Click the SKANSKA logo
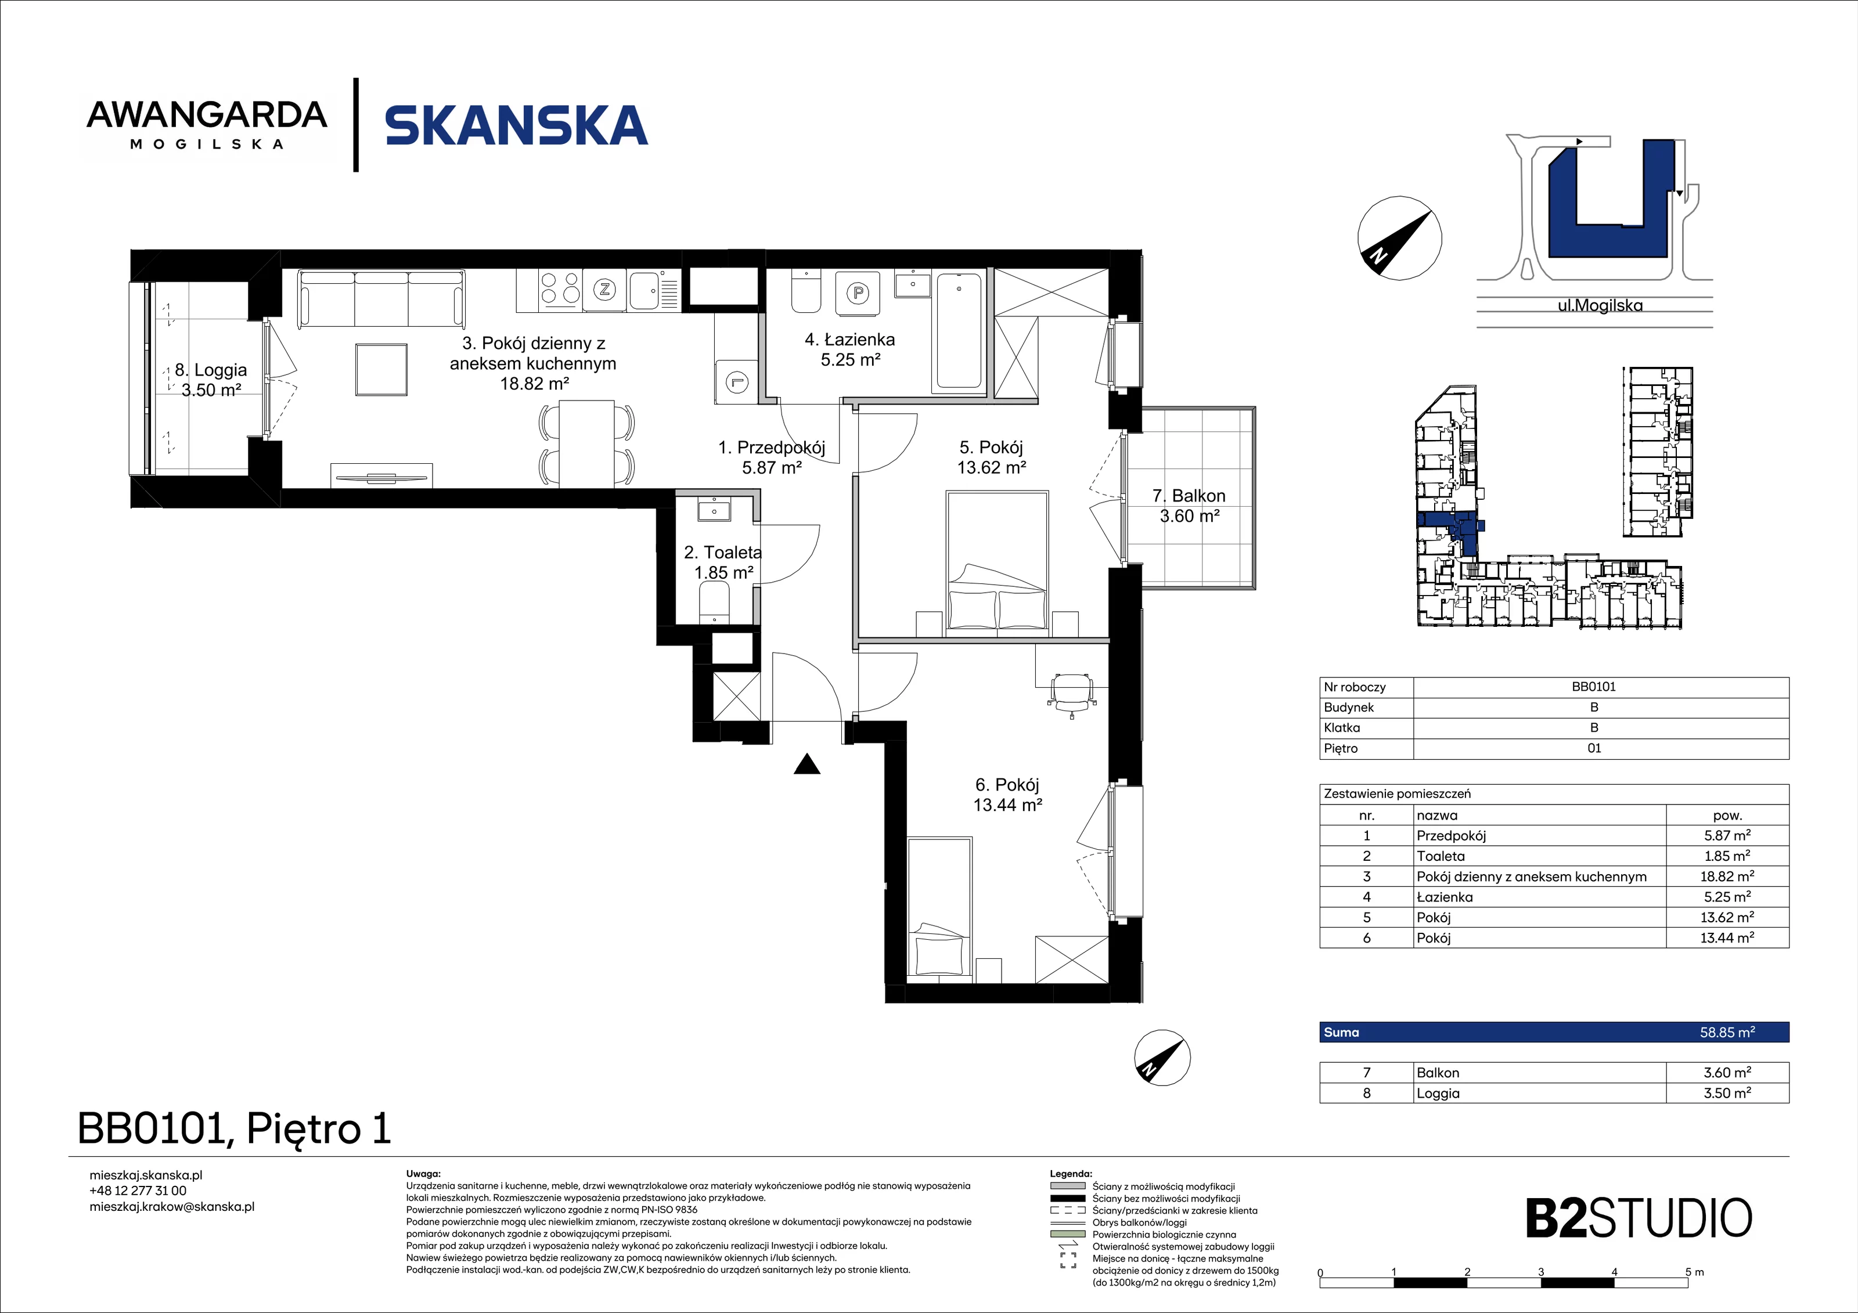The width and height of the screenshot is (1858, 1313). tap(516, 125)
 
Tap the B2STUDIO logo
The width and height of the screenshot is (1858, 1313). tap(1639, 1218)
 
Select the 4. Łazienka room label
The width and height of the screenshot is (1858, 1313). tap(849, 349)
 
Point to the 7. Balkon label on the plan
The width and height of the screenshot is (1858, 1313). tap(1189, 506)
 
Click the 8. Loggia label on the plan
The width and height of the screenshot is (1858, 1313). tap(210, 380)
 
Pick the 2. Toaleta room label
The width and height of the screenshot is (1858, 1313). tap(723, 562)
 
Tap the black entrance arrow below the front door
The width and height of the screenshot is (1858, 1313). tap(807, 764)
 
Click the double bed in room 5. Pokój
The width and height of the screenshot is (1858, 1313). tap(997, 561)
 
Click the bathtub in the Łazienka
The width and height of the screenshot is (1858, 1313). tap(959, 331)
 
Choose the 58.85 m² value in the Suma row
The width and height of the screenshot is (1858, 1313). tap(1727, 1032)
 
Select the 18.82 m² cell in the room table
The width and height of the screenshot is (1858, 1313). tap(1727, 876)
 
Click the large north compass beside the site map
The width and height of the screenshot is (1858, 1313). tap(1399, 239)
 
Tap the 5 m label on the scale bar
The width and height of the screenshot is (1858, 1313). tap(1694, 1272)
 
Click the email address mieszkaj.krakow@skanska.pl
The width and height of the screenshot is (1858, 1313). tap(171, 1207)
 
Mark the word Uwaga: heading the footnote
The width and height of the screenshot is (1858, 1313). tap(423, 1173)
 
